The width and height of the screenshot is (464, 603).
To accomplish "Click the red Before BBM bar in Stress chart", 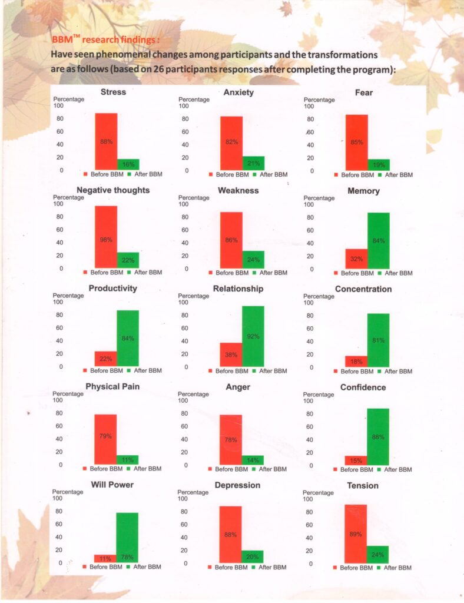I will pyautogui.click(x=106, y=141).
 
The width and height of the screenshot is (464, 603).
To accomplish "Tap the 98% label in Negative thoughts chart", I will pyautogui.click(x=106, y=240).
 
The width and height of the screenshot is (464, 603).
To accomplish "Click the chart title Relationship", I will pyautogui.click(x=238, y=289).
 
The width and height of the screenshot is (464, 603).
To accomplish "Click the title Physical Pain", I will pyautogui.click(x=112, y=386).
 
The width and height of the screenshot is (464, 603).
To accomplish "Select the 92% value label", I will pyautogui.click(x=253, y=336).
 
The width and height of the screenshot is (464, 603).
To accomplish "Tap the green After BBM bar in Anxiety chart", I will pyautogui.click(x=254, y=163).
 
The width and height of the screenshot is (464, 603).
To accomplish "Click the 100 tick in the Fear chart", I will pyautogui.click(x=309, y=107).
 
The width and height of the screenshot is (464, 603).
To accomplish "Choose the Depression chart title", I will pyautogui.click(x=238, y=485).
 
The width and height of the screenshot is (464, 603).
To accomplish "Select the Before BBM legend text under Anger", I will pyautogui.click(x=231, y=469).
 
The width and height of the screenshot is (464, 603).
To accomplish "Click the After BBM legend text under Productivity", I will pyautogui.click(x=148, y=370).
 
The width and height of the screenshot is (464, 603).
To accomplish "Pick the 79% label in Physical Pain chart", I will pyautogui.click(x=106, y=436).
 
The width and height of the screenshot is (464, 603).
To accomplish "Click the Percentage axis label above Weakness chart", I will pyautogui.click(x=194, y=198).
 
